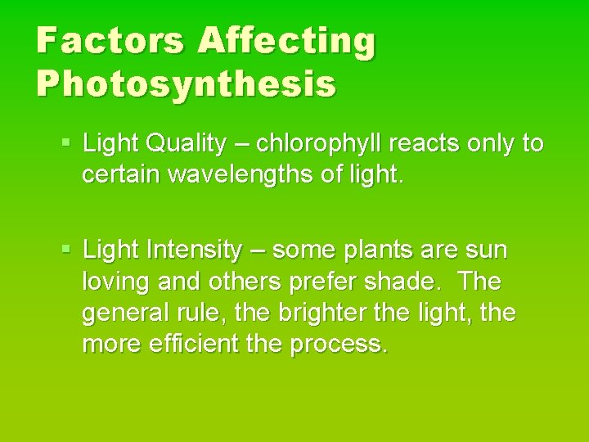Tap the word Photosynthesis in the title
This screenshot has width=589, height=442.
[186, 83]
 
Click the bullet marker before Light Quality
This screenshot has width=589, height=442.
[68, 144]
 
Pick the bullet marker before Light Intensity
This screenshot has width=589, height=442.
[68, 249]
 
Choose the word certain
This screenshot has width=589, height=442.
[120, 174]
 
